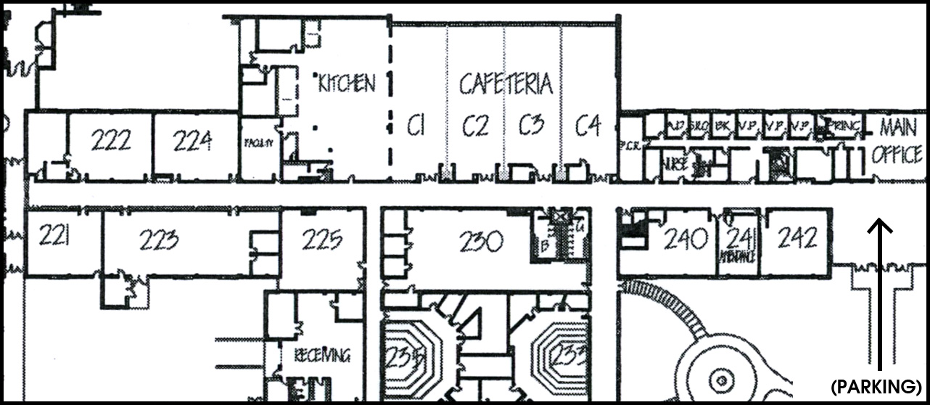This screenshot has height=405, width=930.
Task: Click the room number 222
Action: pos(111,139)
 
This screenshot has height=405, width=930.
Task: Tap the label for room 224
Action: pos(193,139)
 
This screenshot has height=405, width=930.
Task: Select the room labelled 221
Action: pos(54,235)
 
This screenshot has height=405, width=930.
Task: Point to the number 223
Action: pos(160,239)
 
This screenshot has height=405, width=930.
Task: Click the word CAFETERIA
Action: pos(506,84)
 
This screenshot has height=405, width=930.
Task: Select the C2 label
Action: pos(475,127)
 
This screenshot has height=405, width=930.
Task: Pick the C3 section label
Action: pos(532,126)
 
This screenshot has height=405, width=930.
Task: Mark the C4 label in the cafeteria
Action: pos(588,126)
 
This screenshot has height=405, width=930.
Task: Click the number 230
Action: pos(481,241)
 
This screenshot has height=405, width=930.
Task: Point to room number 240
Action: pos(686,237)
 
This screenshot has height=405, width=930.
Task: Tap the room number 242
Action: pos(797,237)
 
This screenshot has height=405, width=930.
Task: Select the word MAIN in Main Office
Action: pos(898,127)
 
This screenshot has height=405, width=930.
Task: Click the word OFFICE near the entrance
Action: pos(897,155)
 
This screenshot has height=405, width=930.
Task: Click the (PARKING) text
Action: pos(877,385)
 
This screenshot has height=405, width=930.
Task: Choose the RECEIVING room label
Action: pos(323,356)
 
